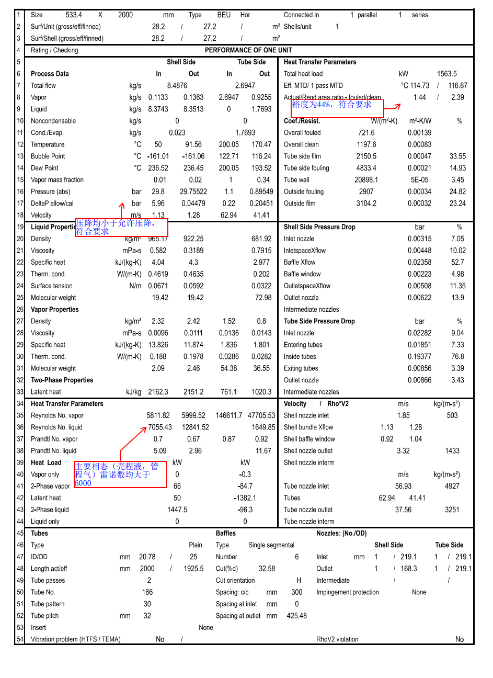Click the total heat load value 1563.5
point(446,74)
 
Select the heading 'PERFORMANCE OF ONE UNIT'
point(248,50)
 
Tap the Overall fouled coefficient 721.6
point(366,133)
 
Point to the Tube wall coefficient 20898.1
point(366,180)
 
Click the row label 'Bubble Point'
point(48,156)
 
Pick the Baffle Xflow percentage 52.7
point(457,262)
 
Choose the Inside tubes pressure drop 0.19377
point(419,356)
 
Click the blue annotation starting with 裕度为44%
point(332,105)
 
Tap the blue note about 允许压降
point(116,227)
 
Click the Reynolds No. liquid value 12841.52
point(195,427)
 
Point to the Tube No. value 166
point(147,592)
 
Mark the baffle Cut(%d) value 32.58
point(267,569)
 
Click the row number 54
point(20,639)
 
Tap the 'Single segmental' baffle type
point(271,545)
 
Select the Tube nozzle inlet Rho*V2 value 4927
point(452,486)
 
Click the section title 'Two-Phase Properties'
point(62,380)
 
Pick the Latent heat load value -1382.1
point(245,498)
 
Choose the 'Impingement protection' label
point(348,592)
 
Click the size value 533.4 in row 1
point(74,15)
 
